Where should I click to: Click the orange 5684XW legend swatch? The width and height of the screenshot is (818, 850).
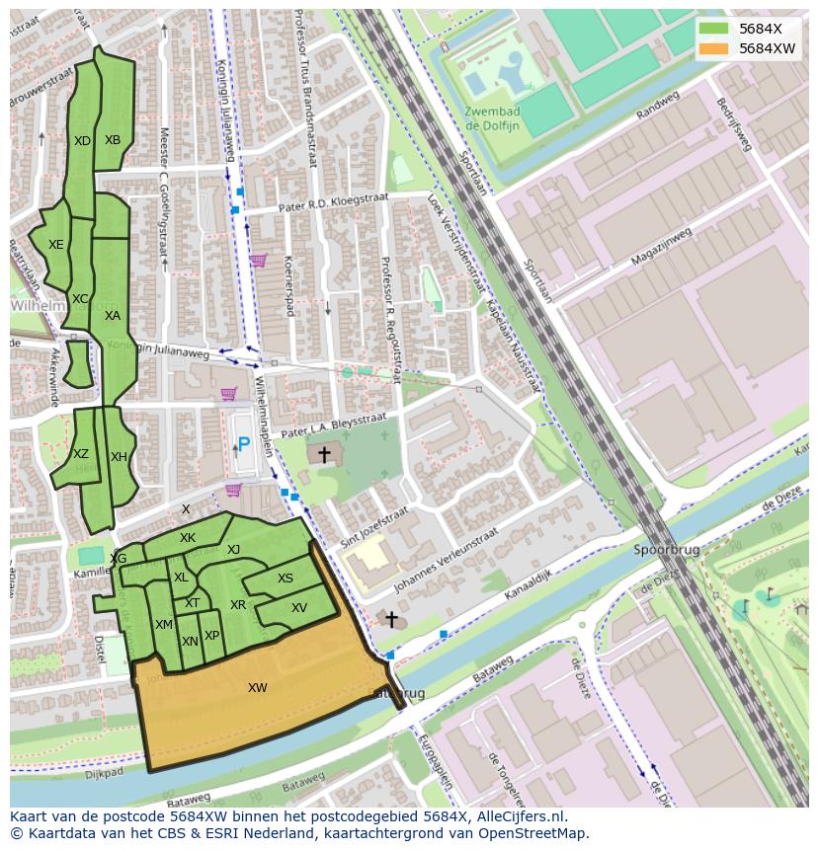pyautogui.click(x=716, y=48)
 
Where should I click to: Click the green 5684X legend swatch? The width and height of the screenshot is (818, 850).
pyautogui.click(x=716, y=29)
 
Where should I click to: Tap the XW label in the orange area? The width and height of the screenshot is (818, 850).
pyautogui.click(x=257, y=688)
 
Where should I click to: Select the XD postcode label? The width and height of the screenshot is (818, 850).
pyautogui.click(x=82, y=141)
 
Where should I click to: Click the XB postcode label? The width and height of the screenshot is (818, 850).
pyautogui.click(x=113, y=140)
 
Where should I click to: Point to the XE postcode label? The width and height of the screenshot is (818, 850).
pyautogui.click(x=56, y=245)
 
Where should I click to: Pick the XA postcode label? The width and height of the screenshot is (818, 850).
pyautogui.click(x=113, y=316)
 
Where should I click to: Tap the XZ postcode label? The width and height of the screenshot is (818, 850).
pyautogui.click(x=81, y=454)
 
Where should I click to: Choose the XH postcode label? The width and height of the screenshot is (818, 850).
pyautogui.click(x=119, y=457)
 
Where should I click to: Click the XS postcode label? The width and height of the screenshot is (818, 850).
pyautogui.click(x=286, y=580)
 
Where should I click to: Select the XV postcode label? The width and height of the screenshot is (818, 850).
pyautogui.click(x=299, y=608)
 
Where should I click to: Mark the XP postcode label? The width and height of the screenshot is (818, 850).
pyautogui.click(x=211, y=636)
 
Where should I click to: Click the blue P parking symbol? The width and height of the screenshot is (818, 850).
pyautogui.click(x=243, y=445)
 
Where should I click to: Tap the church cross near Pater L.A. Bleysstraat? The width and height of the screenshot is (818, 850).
pyautogui.click(x=323, y=455)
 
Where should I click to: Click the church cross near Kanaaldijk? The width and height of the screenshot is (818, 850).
pyautogui.click(x=391, y=620)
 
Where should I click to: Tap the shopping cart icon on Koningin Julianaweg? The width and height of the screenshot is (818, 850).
pyautogui.click(x=258, y=261)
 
